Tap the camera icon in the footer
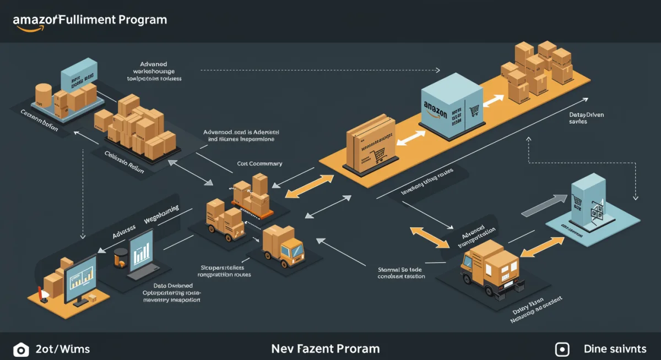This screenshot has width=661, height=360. point(20,350)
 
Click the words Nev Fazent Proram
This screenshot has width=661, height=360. point(325,349)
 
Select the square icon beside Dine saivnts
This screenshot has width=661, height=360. point(562,350)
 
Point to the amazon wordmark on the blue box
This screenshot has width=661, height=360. point(435,107)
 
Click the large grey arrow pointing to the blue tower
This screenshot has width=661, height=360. point(543,205)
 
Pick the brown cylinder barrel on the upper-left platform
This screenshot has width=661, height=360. point(43,94)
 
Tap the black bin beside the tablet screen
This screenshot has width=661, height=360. point(121,257)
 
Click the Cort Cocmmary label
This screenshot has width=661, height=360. point(259,163)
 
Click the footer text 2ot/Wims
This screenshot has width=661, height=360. point(62,349)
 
